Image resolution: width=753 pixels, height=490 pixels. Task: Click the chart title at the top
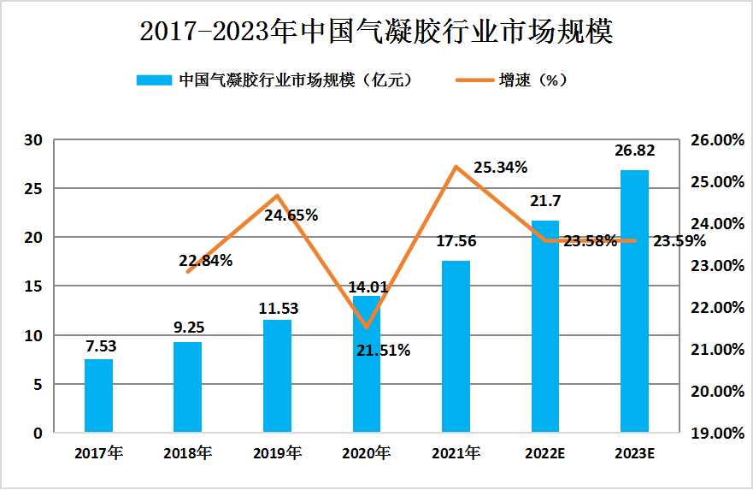376,32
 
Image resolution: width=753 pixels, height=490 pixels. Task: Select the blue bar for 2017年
98,396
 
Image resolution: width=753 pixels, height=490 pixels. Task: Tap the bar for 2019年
277,376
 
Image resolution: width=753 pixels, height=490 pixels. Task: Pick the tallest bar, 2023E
634,301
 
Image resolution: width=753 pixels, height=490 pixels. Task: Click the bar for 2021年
456,346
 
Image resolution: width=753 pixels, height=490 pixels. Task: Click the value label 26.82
634,151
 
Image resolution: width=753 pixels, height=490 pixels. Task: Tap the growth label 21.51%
384,350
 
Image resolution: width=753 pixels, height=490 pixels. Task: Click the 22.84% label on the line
206,261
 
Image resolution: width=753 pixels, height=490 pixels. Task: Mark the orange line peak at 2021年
456,166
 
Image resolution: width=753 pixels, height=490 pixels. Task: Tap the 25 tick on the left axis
37,188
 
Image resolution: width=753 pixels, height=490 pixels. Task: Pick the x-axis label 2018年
187,453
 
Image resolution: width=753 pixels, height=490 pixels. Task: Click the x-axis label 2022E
544,453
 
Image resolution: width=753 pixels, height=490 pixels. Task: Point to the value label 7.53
98,346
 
